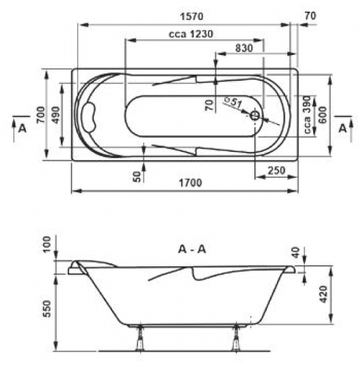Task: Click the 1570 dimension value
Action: [191, 16]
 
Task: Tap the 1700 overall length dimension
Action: [191, 183]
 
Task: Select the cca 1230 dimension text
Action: [191, 34]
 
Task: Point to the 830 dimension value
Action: [244, 48]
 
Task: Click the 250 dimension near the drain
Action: [276, 170]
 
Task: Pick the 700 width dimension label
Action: [41, 115]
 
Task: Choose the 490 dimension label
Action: [55, 115]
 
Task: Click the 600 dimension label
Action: [323, 115]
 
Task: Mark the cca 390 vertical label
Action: [307, 115]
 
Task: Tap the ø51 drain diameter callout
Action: [233, 102]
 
